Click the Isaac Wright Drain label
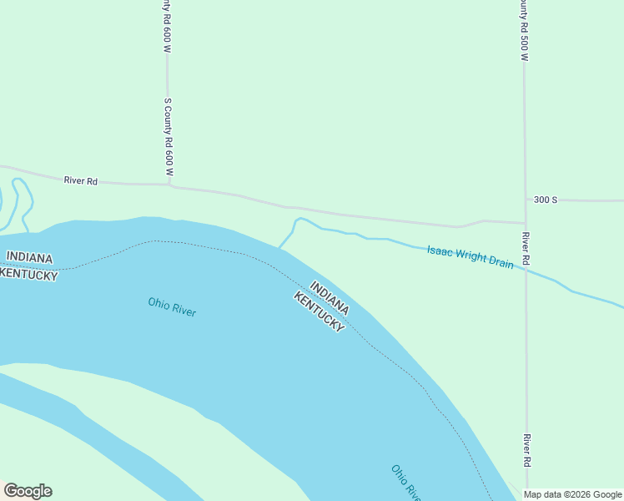click(x=470, y=256)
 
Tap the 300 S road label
click(x=546, y=200)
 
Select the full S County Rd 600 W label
click(x=168, y=136)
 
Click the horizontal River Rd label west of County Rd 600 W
click(x=81, y=180)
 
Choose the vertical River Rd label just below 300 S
click(x=526, y=249)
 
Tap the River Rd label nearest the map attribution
click(x=526, y=450)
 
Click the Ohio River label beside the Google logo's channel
click(x=172, y=306)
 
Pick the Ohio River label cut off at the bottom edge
click(x=405, y=483)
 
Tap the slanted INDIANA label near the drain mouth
click(x=330, y=296)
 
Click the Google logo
click(x=28, y=491)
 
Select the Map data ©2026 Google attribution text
click(x=573, y=494)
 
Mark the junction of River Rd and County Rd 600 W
click(x=169, y=185)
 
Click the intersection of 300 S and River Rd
click(x=525, y=222)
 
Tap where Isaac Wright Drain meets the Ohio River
click(x=280, y=247)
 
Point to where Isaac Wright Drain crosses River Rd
click(x=526, y=269)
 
